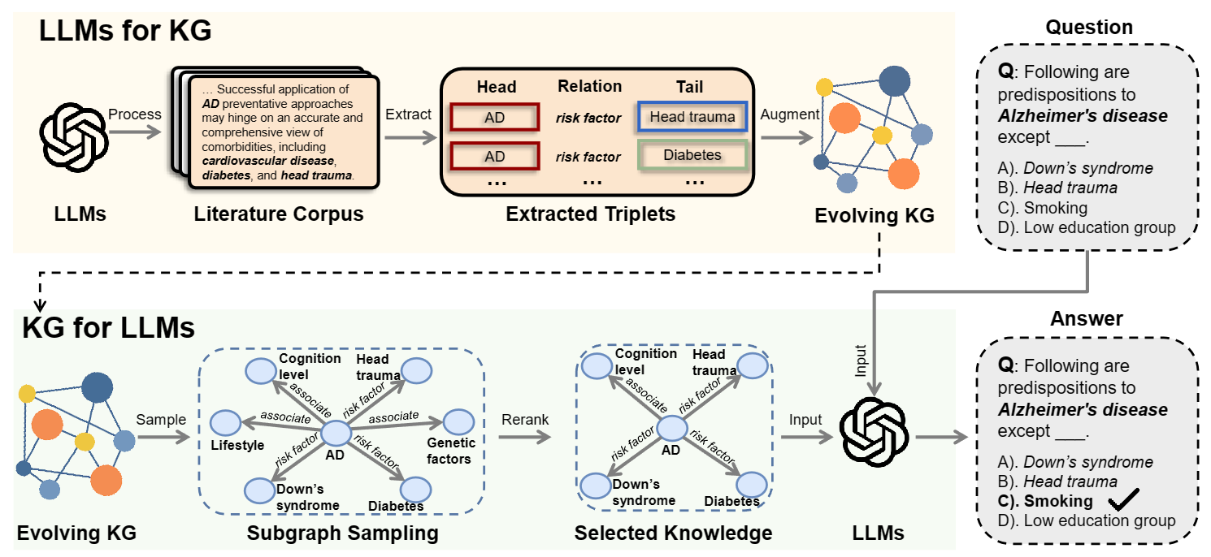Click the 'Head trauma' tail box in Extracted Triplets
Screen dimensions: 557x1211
tap(692, 117)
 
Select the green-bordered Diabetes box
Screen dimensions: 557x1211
tap(692, 154)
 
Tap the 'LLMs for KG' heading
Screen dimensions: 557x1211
tap(125, 31)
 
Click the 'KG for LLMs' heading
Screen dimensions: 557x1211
tap(108, 327)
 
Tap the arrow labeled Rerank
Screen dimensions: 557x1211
tap(524, 436)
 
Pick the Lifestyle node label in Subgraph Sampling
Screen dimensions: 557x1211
tap(237, 445)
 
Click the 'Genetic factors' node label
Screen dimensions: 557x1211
tap(449, 451)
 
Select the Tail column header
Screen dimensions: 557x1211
tap(689, 87)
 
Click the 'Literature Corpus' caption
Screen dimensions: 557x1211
tap(278, 214)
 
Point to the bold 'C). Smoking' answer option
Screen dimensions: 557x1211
tap(1045, 501)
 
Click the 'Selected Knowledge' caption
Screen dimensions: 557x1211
tap(673, 533)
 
